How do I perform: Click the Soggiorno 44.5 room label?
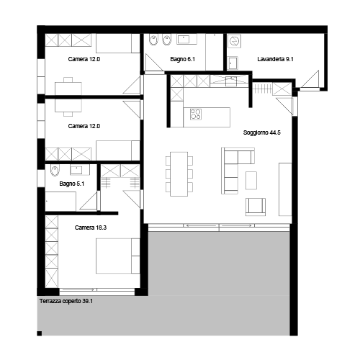coord(261,132)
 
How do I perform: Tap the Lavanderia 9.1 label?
coord(275,59)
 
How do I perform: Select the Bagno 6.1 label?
coord(182,59)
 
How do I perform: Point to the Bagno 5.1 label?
coord(71,184)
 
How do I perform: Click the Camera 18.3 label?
coord(91,228)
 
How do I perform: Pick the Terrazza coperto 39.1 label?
coord(66,301)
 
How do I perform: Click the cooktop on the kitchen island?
coord(196,114)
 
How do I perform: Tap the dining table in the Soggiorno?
coord(179,174)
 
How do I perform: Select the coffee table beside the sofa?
coord(251,181)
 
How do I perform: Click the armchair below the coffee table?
coord(256,207)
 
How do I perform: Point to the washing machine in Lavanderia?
coord(234,41)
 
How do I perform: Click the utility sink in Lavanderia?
coord(233,63)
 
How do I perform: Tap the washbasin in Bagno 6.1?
coord(186,39)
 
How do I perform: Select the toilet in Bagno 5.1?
coord(55,171)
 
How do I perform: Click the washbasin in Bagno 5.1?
coord(76,170)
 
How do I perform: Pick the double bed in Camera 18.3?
coord(117,256)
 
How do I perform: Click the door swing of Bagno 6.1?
coord(153,63)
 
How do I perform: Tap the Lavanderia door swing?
coord(310,79)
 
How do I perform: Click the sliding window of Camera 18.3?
coord(97,292)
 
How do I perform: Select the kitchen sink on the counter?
coord(231,81)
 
